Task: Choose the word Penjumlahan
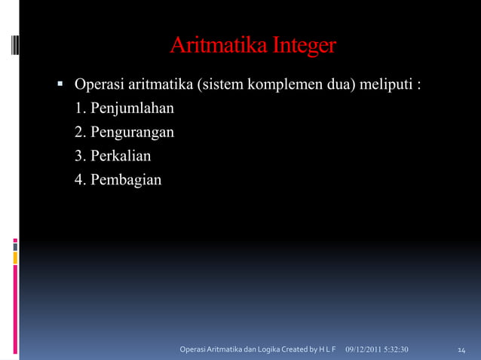[x=133, y=108]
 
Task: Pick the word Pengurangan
[x=133, y=132]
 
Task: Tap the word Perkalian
[x=121, y=156]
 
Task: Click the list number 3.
[x=79, y=156]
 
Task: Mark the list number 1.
[x=79, y=108]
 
